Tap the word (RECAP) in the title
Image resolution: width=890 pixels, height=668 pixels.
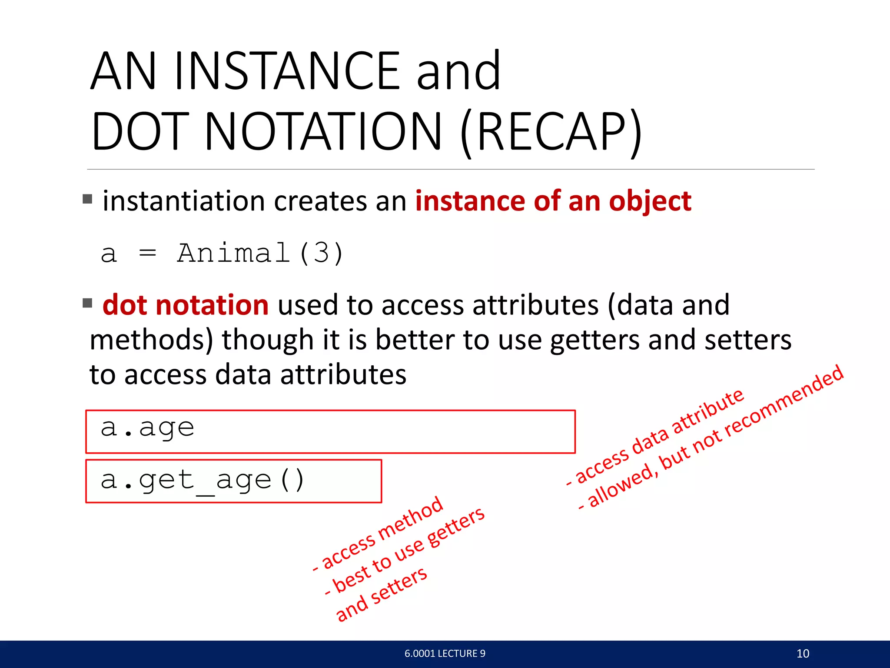pos(551,132)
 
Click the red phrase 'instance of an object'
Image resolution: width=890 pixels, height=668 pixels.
pos(553,201)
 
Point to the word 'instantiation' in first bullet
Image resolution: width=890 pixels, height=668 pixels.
pos(184,201)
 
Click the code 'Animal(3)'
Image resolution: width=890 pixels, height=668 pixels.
pos(260,253)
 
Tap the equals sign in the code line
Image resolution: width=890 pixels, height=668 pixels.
pos(147,253)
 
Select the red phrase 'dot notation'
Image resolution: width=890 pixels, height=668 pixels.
pos(186,305)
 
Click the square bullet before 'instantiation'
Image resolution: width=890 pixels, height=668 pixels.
pos(87,199)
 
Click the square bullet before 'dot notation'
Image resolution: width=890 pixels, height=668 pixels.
pos(87,303)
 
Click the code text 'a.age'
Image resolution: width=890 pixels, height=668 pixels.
pos(147,428)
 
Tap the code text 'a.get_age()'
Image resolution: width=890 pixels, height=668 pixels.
pos(203,481)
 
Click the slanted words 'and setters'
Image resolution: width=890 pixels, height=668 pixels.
pos(382,594)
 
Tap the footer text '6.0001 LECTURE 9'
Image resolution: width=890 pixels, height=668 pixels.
pos(445,653)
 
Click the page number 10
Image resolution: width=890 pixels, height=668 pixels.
pos(803,653)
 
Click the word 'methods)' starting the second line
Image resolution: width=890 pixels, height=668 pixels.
pos(151,340)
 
